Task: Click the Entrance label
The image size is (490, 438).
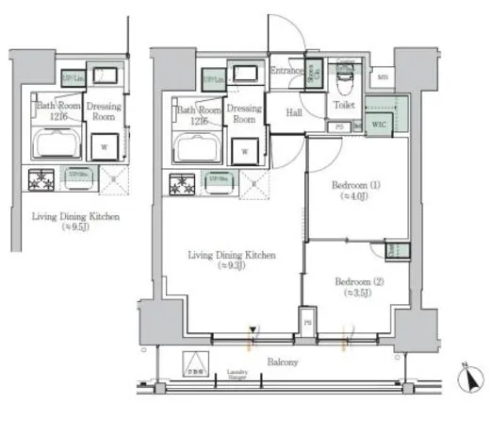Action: coord(286,71)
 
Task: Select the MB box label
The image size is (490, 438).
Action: coord(383,77)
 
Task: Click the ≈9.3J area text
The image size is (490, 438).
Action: coord(230,265)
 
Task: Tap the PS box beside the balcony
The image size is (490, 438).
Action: coord(306,321)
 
